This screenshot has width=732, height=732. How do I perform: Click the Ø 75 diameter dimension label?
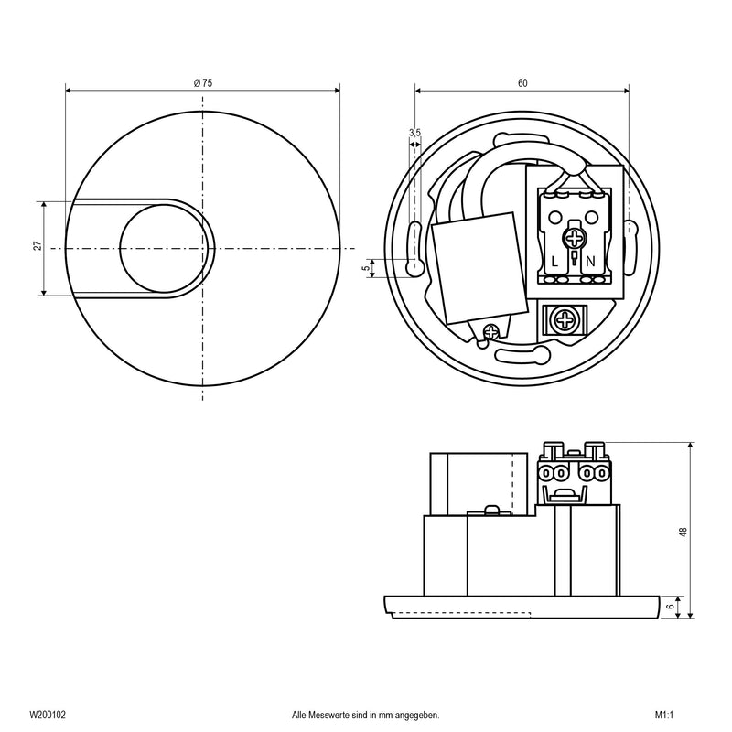[x=203, y=83]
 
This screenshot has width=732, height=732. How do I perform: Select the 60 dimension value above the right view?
[x=522, y=83]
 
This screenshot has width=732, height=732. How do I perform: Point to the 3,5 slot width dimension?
[x=414, y=134]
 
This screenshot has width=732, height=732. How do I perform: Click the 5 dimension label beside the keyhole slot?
[x=367, y=268]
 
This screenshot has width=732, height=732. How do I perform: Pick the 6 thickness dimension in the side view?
[x=673, y=605]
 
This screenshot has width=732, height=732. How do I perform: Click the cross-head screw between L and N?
[x=574, y=240]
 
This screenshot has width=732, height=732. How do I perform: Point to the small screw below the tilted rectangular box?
[x=492, y=332]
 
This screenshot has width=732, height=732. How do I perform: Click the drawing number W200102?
[x=45, y=715]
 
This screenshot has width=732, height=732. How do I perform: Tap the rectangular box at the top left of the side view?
[x=481, y=482]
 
